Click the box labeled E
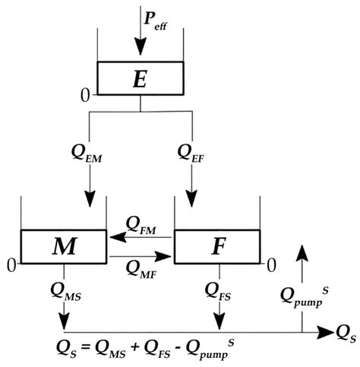coord(140,79)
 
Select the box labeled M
coord(64,246)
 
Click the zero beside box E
coord(87,95)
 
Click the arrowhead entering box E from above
coord(140,47)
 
